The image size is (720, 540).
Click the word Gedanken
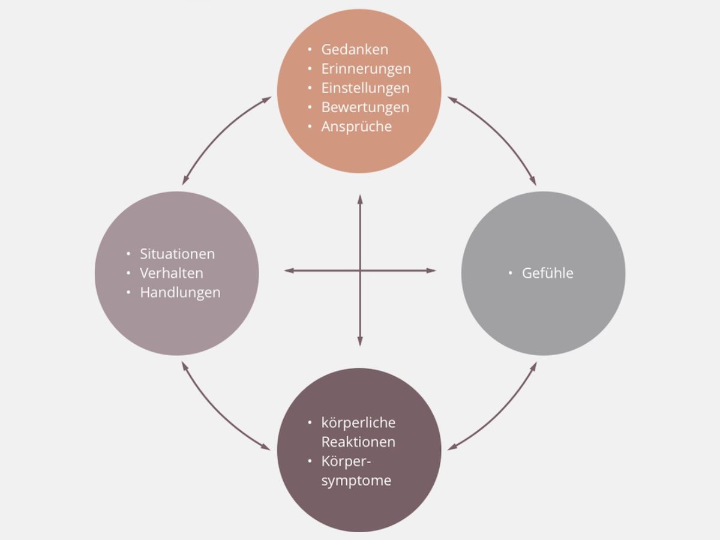pyautogui.click(x=355, y=49)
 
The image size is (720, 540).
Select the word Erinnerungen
pyautogui.click(x=366, y=68)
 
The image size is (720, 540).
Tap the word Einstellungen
pyautogui.click(x=365, y=88)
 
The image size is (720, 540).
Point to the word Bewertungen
pyautogui.click(x=365, y=107)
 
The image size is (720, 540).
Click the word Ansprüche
pyautogui.click(x=356, y=127)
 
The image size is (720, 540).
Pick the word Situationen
pyautogui.click(x=177, y=254)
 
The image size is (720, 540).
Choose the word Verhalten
pyautogui.click(x=172, y=273)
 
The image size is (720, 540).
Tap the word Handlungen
pyautogui.click(x=180, y=293)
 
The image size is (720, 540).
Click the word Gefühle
pyautogui.click(x=548, y=273)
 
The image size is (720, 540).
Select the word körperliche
pyautogui.click(x=358, y=423)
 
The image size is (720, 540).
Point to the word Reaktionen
pyautogui.click(x=358, y=442)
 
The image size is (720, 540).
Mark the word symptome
pyautogui.click(x=356, y=481)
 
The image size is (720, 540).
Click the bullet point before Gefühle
pyautogui.click(x=511, y=274)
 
